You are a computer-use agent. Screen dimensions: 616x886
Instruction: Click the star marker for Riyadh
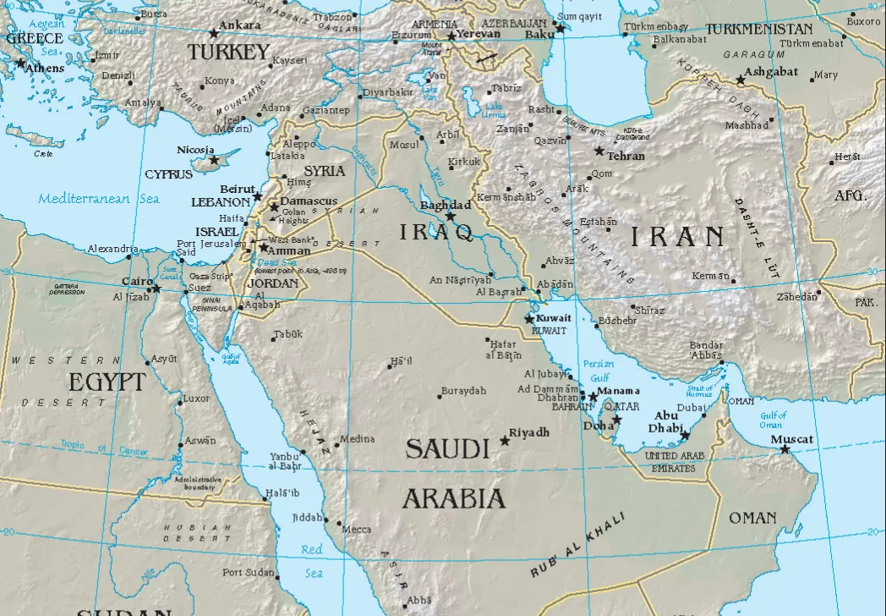click(506, 440)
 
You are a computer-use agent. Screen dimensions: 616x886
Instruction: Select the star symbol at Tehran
click(599, 151)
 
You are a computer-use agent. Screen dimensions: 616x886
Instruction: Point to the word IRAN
click(675, 236)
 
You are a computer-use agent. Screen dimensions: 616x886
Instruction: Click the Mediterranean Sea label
click(98, 200)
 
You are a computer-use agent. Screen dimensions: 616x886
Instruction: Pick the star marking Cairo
click(156, 289)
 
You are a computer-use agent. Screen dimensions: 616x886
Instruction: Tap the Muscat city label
click(792, 439)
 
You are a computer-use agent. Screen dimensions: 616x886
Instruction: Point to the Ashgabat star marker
click(741, 80)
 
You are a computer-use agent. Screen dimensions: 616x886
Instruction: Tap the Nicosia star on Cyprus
click(214, 160)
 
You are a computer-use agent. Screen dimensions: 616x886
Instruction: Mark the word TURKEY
click(228, 52)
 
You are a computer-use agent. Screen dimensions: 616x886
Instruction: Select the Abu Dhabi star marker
click(685, 436)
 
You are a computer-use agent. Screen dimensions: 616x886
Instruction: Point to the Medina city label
click(356, 439)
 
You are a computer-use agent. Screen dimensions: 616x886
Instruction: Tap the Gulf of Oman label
click(773, 420)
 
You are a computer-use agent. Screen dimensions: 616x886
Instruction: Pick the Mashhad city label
click(747, 125)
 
